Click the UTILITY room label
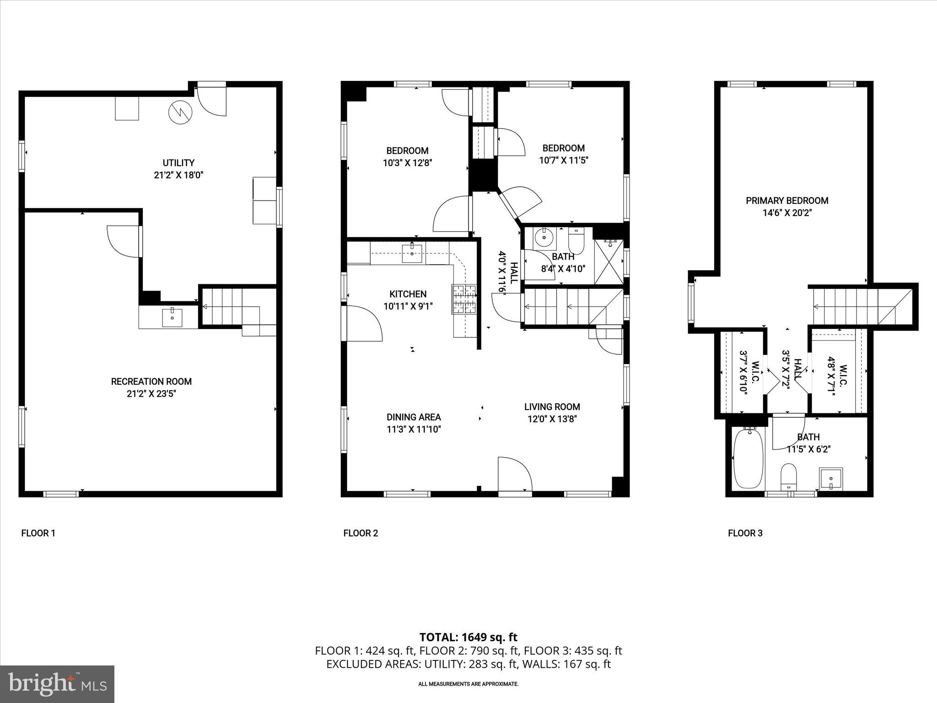click(x=178, y=163)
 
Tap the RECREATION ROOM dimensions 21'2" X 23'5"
click(x=151, y=394)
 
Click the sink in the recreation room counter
click(x=172, y=318)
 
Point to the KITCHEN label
click(x=408, y=294)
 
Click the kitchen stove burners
click(x=464, y=299)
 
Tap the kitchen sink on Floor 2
click(x=413, y=254)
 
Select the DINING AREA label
click(x=414, y=417)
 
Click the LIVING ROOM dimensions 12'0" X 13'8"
click(x=552, y=419)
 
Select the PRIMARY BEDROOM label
click(x=787, y=200)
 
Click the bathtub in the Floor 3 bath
click(x=749, y=458)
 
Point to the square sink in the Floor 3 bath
click(x=831, y=479)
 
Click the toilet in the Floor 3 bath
click(x=788, y=476)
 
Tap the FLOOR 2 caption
click(x=361, y=533)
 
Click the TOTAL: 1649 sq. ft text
click(x=468, y=637)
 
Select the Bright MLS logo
click(x=57, y=684)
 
